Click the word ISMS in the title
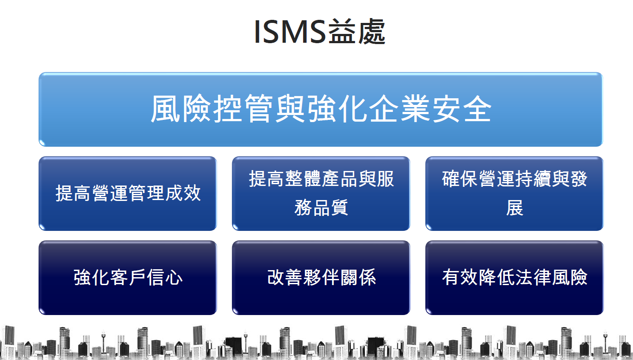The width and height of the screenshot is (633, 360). pos(290,32)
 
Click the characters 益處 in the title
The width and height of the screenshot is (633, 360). pos(357,31)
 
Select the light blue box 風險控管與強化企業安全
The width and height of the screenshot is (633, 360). pos(321,109)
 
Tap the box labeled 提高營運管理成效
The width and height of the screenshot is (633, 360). pos(128,193)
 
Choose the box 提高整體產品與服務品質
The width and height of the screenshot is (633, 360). pos(321,193)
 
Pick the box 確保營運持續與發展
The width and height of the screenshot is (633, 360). pos(515,193)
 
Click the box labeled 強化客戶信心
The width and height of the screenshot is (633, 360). pos(128,278)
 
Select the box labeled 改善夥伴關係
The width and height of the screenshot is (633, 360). pos(321,278)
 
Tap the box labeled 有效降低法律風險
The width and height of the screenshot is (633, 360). pos(515,278)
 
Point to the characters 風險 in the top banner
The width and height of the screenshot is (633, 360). pos(181,109)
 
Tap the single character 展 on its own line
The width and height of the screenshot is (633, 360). pos(515,208)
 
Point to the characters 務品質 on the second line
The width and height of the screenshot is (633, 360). pos(321,208)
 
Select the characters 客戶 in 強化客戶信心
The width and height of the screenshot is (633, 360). pos(128,278)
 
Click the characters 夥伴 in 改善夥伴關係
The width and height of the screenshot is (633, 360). pos(321,278)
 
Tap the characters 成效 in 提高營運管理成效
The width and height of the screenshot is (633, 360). pos(183,193)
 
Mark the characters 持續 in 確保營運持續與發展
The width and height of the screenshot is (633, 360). pos(533,179)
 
